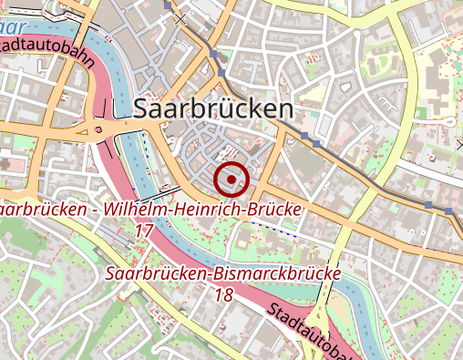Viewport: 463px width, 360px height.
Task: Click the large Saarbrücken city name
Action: coord(213,109)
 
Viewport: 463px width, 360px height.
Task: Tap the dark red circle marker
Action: coord(231,180)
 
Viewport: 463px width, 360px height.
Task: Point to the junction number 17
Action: coord(143,231)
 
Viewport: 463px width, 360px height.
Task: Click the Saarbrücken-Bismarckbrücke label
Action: coord(222,273)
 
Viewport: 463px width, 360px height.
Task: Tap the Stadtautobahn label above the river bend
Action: coord(50,52)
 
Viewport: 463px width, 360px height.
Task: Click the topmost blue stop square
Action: coord(168,5)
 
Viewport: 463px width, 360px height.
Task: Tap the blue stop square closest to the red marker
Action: coord(316,144)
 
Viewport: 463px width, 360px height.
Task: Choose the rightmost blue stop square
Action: coord(449,211)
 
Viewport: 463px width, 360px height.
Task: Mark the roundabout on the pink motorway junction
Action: coord(98,130)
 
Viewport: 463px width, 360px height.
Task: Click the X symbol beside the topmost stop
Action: coord(181,17)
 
